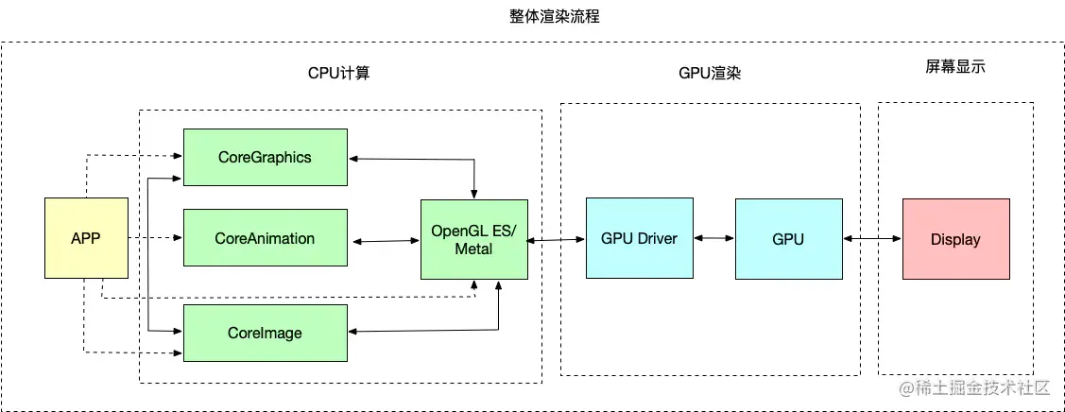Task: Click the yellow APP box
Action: pyautogui.click(x=86, y=238)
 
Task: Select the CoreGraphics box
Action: pyautogui.click(x=264, y=157)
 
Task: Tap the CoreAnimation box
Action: pyautogui.click(x=264, y=238)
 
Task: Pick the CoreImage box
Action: pyautogui.click(x=264, y=333)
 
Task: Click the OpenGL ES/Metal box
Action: pyautogui.click(x=474, y=239)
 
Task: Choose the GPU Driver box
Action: pyautogui.click(x=639, y=238)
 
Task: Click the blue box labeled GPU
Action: pyautogui.click(x=788, y=238)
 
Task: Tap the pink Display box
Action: pyautogui.click(x=955, y=238)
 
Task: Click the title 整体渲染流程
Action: pyautogui.click(x=541, y=16)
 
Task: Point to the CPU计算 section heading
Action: pyautogui.click(x=338, y=73)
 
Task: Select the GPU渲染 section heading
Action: pyautogui.click(x=710, y=73)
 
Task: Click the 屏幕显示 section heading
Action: pyautogui.click(x=955, y=67)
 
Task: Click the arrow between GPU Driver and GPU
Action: pyautogui.click(x=713, y=239)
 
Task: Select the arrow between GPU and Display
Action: pyautogui.click(x=872, y=239)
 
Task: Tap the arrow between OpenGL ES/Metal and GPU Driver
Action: pyautogui.click(x=557, y=241)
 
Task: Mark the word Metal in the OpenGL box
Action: pyautogui.click(x=474, y=249)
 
